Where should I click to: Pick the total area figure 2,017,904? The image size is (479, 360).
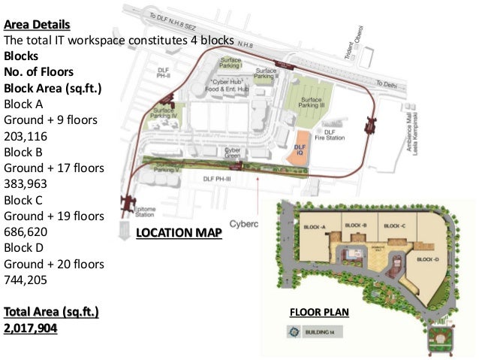[31, 328]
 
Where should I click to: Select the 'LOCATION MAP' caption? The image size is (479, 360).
[179, 233]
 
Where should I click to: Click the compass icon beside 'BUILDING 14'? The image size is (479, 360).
[288, 331]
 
